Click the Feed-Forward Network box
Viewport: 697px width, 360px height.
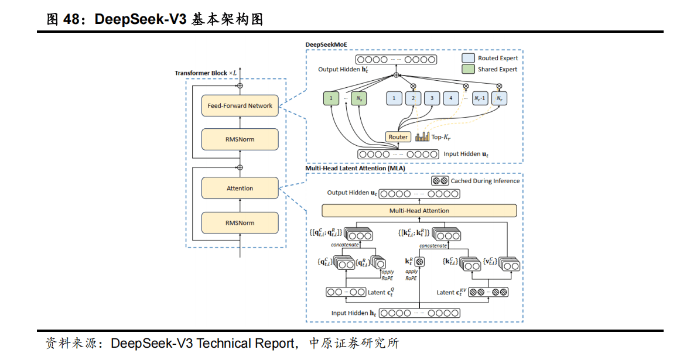[240, 106]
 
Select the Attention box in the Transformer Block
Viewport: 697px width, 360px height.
[240, 188]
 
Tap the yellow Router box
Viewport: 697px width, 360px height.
[398, 137]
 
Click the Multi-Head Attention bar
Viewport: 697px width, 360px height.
[419, 211]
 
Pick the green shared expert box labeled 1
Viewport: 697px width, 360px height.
[331, 99]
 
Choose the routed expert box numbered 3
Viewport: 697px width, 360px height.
[432, 99]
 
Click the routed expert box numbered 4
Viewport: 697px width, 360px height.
[451, 99]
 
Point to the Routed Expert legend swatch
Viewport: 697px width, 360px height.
[468, 59]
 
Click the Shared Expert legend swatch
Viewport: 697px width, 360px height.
[468, 70]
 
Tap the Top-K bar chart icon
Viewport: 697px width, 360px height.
[422, 137]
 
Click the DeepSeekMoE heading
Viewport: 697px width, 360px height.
[326, 44]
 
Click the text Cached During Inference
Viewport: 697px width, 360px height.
[485, 181]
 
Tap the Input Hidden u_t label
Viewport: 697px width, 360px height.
[466, 154]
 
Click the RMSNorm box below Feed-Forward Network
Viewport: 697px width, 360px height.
[240, 139]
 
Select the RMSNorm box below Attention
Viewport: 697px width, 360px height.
[240, 223]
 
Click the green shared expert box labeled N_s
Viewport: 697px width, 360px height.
[359, 99]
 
